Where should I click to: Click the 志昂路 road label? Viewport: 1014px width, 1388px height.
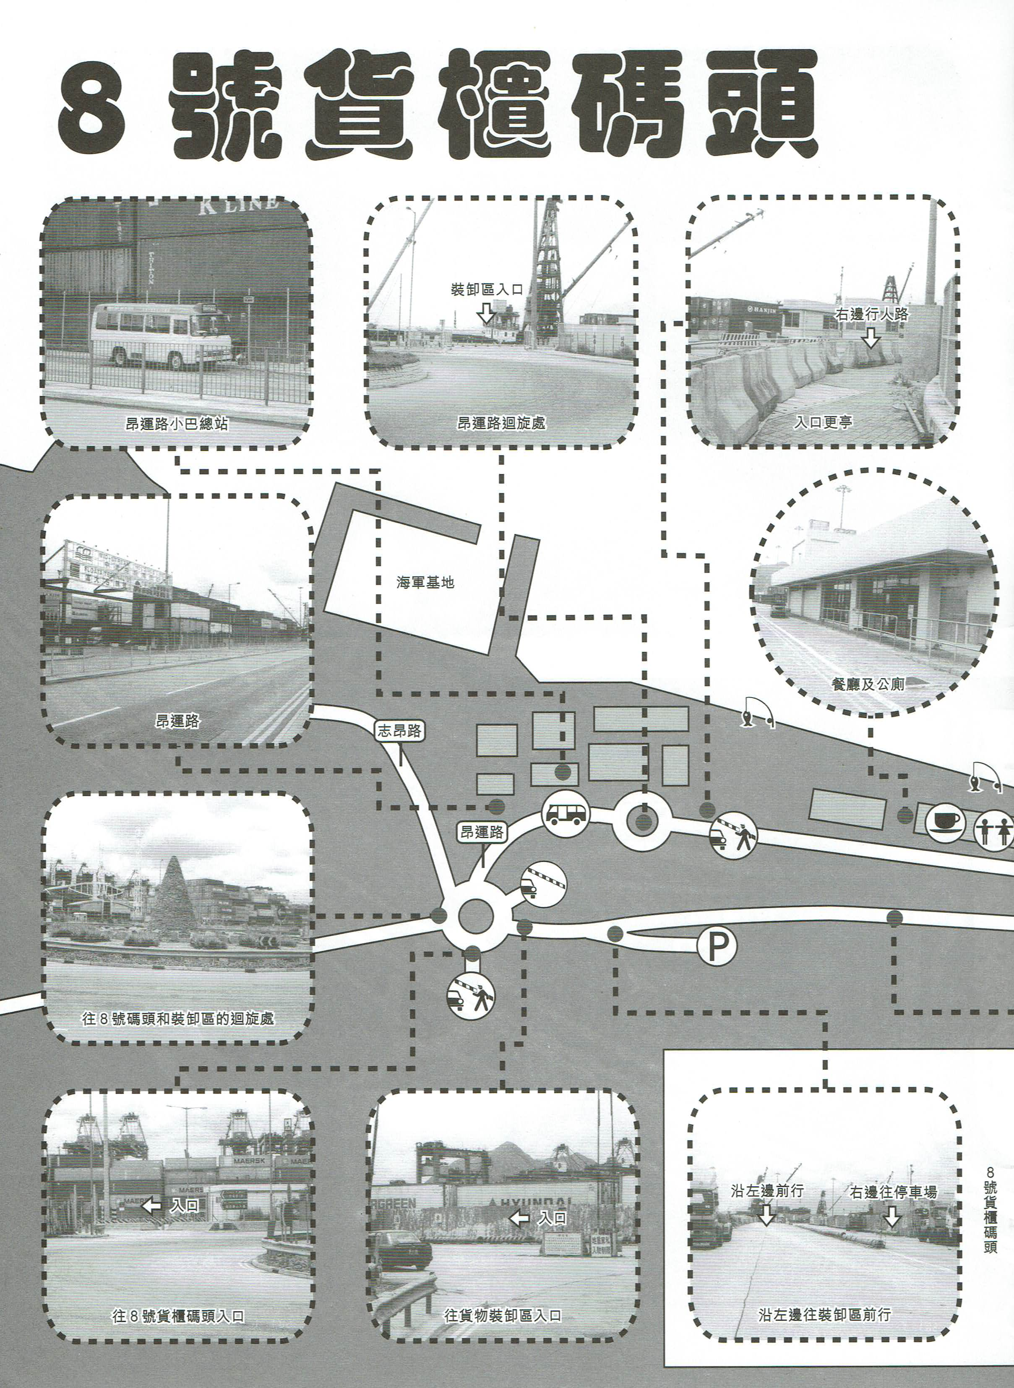tap(399, 730)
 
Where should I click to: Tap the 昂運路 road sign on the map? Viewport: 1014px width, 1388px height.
tap(482, 832)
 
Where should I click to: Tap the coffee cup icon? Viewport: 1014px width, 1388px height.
tap(948, 822)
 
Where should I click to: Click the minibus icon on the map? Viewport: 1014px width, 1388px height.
tap(565, 814)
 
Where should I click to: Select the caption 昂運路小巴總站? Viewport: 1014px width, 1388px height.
tap(177, 423)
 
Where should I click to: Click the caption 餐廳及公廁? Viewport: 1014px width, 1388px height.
tap(867, 683)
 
